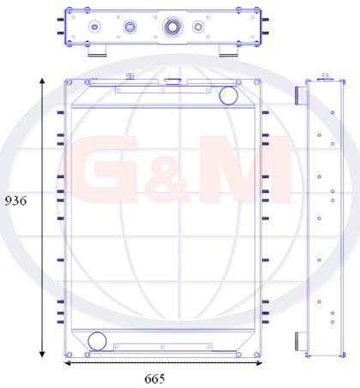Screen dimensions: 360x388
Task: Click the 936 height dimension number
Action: pos(15,200)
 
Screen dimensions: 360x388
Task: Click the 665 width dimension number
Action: pos(154,379)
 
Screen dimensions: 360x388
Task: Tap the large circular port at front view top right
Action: pos(229,96)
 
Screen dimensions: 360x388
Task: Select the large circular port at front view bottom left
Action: pos(97,341)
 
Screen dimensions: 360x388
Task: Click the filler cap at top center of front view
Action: pos(172,81)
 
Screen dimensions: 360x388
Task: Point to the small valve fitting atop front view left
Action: pos(130,76)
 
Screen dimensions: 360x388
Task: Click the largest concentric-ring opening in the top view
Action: pos(172,27)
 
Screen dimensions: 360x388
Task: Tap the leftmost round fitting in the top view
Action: pos(94,27)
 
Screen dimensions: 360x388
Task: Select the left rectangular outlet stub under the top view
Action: pos(97,51)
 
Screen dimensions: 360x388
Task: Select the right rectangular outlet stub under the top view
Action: pos(228,51)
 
